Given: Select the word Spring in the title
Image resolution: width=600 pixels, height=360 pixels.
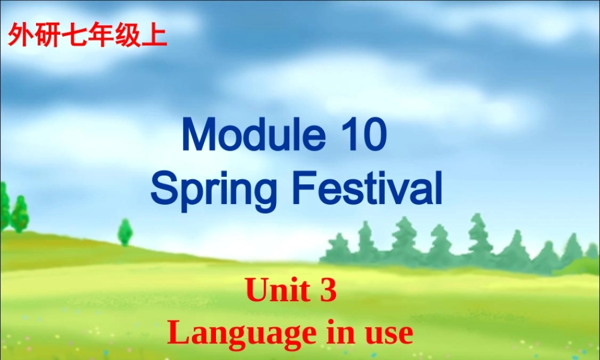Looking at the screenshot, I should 214,189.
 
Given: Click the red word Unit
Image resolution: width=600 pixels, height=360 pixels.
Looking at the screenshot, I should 274,291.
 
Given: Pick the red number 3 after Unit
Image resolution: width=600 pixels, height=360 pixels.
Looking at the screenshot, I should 328,291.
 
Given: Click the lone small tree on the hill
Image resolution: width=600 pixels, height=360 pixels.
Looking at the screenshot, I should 125,232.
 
